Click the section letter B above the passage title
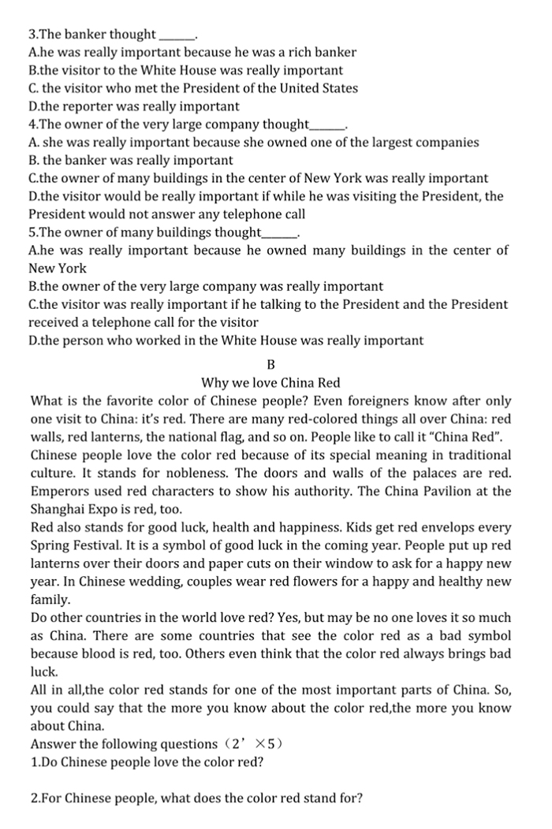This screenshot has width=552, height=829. click(270, 365)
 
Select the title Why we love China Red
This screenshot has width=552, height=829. click(270, 383)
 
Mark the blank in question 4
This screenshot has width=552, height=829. click(327, 125)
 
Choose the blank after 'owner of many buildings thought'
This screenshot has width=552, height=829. click(279, 232)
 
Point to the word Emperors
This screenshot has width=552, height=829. click(59, 491)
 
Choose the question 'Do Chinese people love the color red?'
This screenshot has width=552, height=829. click(147, 762)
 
